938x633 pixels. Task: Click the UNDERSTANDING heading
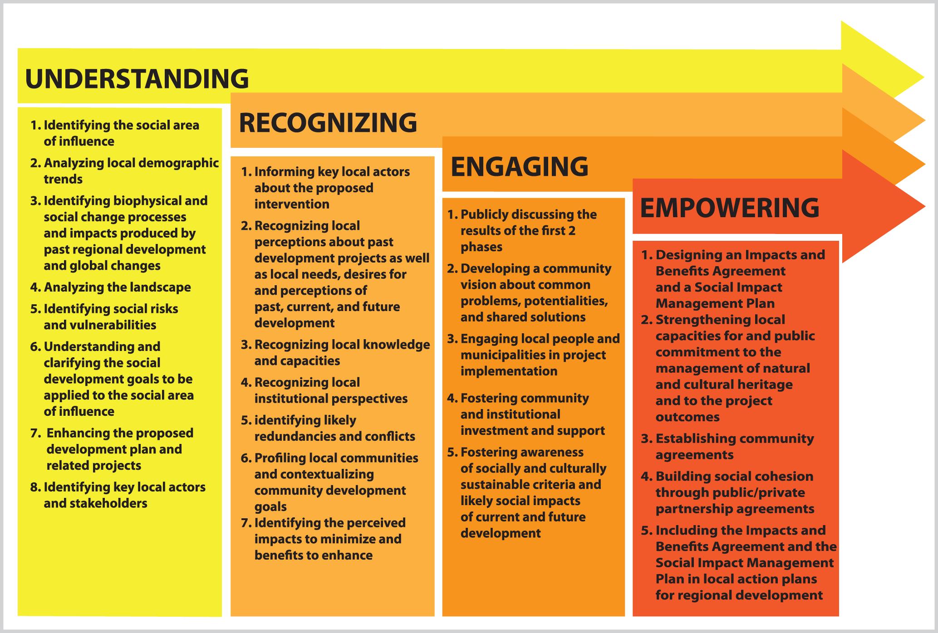137,78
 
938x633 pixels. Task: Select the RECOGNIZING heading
328,122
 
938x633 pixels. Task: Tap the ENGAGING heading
520,166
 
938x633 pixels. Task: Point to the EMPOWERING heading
730,208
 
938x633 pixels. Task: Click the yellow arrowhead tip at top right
923,78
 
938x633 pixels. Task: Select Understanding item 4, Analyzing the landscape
111,287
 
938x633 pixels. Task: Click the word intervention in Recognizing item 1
292,204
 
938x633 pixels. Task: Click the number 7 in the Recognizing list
246,523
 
